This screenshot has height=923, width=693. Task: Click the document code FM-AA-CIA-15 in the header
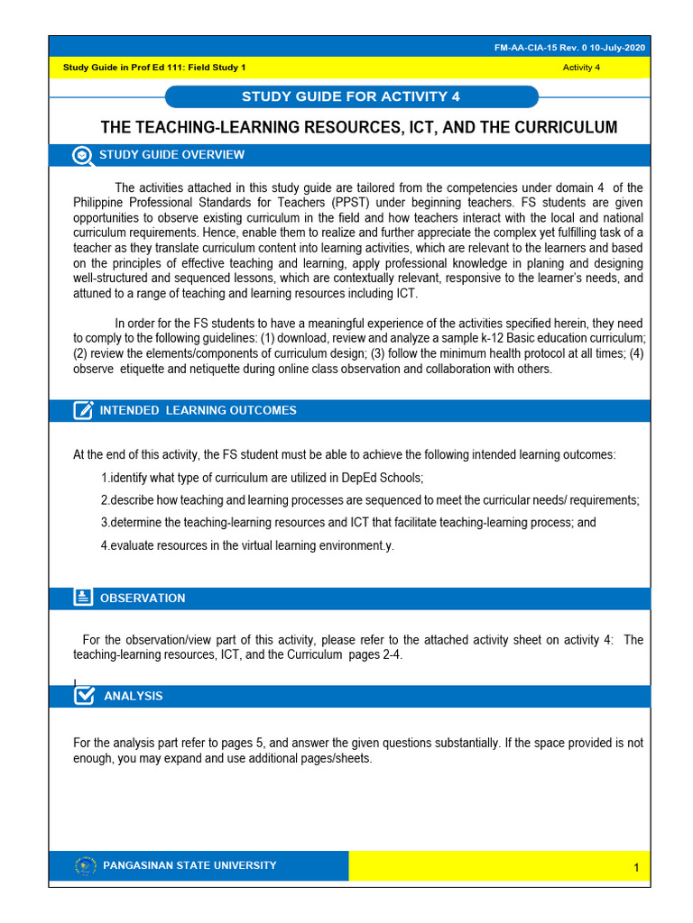550,47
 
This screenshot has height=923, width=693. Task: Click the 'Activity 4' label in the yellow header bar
581,68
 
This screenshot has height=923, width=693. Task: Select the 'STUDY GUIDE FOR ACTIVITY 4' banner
352,96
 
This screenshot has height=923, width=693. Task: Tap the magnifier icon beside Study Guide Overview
82,155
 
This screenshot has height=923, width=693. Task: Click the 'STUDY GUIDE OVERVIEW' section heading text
171,155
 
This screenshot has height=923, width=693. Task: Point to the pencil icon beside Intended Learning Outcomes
83,411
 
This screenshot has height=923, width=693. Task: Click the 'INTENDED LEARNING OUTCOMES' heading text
198,411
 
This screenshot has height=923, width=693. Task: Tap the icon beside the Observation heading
83,598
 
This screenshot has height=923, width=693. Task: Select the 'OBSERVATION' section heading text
143,599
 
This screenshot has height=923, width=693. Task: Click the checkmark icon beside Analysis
84,696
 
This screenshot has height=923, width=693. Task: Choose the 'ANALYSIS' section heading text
134,696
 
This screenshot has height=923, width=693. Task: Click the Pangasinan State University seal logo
86,866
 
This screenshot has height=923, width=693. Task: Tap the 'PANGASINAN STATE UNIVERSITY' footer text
190,866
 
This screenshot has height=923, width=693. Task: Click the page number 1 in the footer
636,868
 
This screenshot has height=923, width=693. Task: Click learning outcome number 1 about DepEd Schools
262,478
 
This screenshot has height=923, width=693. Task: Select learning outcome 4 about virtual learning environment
247,545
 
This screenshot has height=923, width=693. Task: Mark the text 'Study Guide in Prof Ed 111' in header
122,68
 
